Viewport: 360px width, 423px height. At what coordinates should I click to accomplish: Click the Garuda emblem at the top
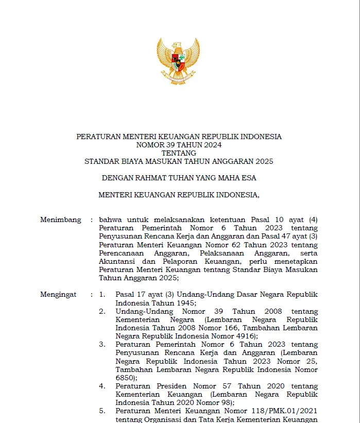pyautogui.click(x=178, y=61)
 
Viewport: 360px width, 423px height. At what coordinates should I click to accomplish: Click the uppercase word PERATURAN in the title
pyautogui.click(x=98, y=137)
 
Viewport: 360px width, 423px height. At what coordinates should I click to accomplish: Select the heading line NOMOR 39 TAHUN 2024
pyautogui.click(x=179, y=145)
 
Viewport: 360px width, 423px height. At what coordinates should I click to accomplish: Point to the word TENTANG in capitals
pyautogui.click(x=179, y=153)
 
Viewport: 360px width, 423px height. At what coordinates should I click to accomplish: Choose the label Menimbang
pyautogui.click(x=61, y=220)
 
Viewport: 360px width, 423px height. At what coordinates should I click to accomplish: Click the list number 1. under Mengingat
pyautogui.click(x=102, y=295)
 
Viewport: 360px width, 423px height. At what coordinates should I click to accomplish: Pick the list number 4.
pyautogui.click(x=102, y=386)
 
